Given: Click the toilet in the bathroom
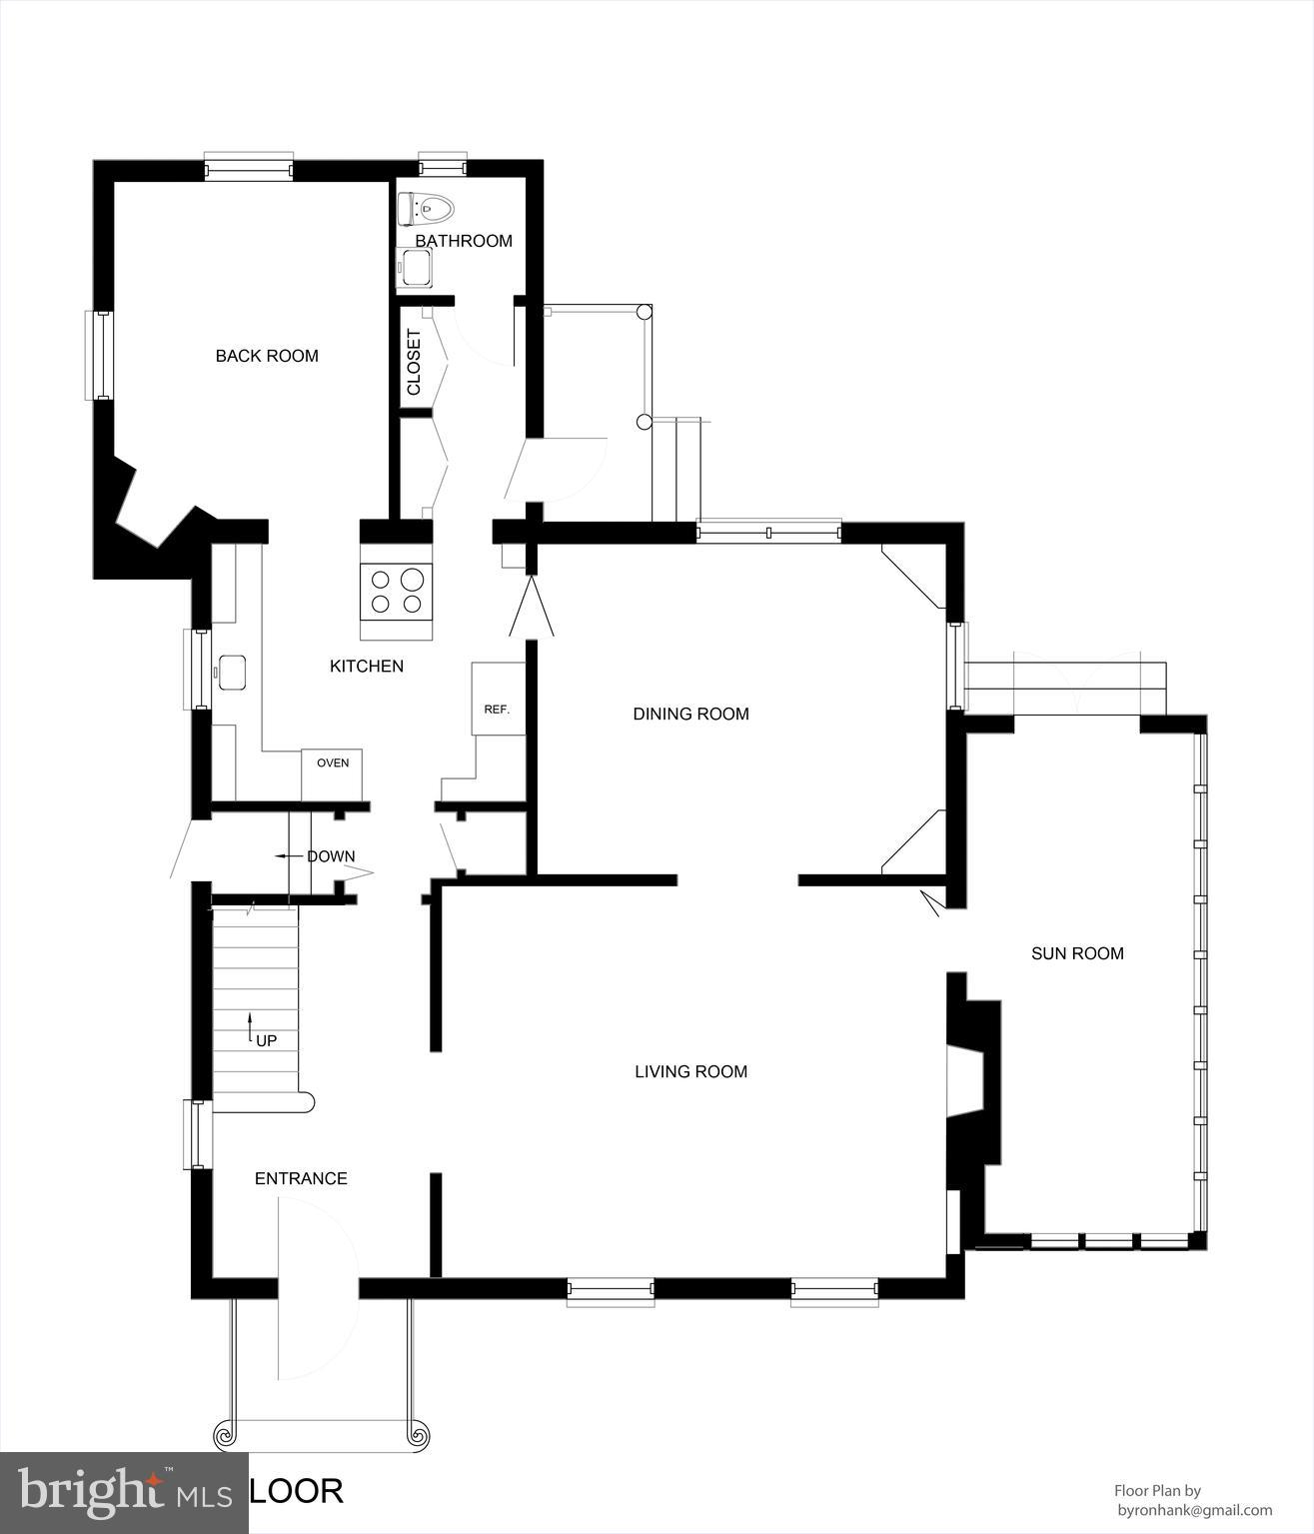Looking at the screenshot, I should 426,209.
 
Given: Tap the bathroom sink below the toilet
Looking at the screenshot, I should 414,268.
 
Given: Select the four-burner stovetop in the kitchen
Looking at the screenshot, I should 397,591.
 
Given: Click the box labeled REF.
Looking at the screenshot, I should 498,710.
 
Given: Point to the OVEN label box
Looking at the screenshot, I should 333,764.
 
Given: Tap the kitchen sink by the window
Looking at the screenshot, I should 232,672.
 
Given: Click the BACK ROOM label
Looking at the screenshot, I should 267,356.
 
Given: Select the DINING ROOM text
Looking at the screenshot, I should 690,714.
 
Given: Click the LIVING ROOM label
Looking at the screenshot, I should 690,1071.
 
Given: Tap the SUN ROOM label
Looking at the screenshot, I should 1077,953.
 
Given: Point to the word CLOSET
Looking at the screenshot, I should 414,362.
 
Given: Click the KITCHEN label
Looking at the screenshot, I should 367,666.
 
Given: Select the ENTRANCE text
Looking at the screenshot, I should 301,1178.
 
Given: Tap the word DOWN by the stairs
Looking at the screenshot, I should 330,856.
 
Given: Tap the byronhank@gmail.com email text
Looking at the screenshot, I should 1193,1510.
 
